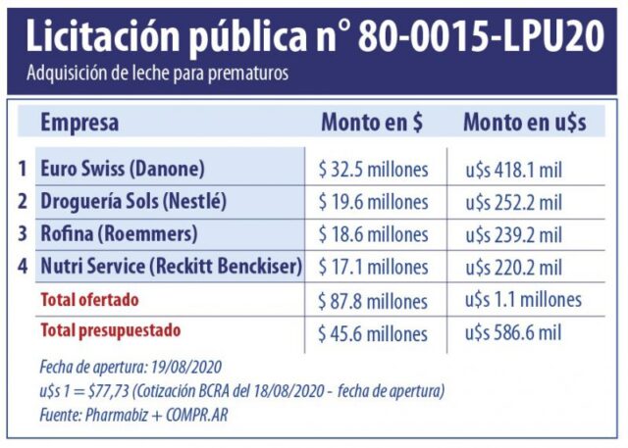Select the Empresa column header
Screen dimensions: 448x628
tap(79, 123)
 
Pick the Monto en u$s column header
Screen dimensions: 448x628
tap(524, 123)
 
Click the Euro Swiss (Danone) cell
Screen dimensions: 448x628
tap(122, 169)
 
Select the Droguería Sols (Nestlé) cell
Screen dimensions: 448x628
tap(133, 202)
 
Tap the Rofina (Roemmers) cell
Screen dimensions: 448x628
tap(119, 234)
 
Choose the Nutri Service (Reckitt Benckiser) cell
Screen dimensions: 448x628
tap(171, 266)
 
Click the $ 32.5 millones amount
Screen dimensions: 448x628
tap(373, 170)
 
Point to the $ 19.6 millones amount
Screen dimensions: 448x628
tap(373, 203)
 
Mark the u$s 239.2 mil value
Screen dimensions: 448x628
tap(513, 235)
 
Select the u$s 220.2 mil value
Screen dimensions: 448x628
tap(513, 267)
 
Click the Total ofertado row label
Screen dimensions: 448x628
tap(89, 299)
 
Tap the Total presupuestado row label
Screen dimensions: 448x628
tap(110, 330)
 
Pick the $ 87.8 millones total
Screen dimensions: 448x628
tap(373, 300)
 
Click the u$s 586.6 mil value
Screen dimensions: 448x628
tap(513, 332)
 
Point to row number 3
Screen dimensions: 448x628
tap(23, 234)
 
